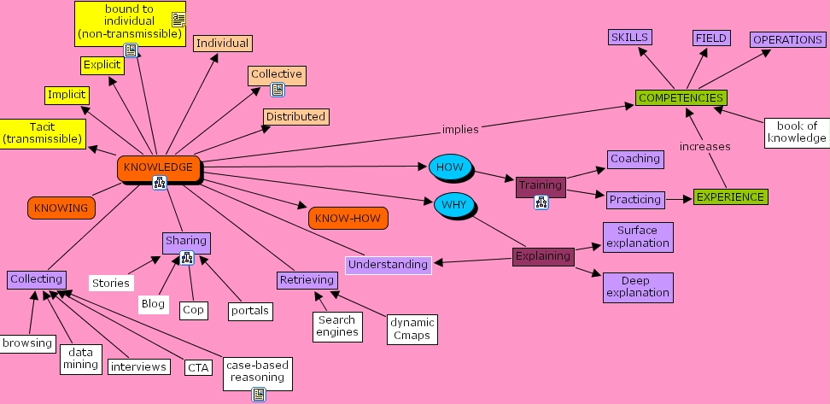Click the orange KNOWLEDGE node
coord(159,167)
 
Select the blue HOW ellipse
coord(450,167)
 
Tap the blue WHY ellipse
coord(453,205)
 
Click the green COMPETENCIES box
coord(681,98)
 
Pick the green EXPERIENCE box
coord(730,197)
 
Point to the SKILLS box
coord(629,38)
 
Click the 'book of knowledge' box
coord(796,132)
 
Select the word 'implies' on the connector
coord(460,130)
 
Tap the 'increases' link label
coord(704,147)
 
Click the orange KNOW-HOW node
coord(348,218)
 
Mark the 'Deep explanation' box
coord(638,287)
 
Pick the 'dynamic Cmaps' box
coord(412,329)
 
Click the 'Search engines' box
coord(337,326)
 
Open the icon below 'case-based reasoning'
coord(258,394)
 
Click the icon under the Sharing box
coord(186,257)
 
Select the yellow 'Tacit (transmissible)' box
coord(42,133)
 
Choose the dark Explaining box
coord(543,256)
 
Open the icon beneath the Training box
coord(541,202)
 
